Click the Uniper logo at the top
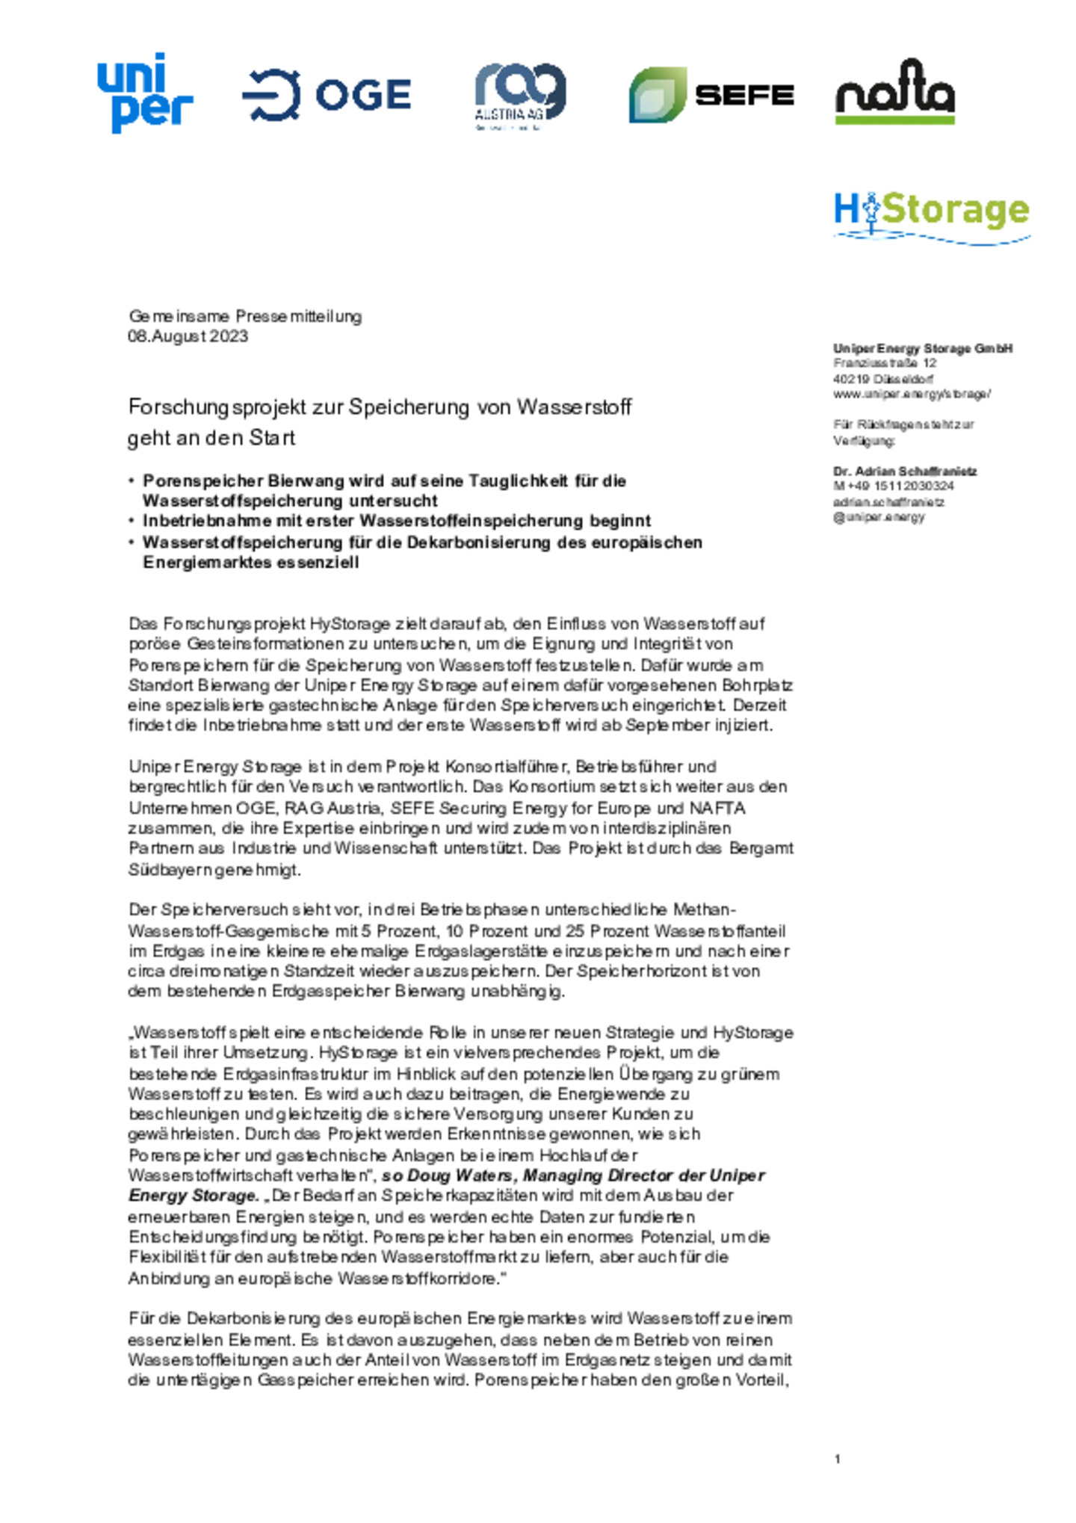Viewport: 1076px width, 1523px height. pos(144,93)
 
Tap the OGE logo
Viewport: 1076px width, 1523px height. pos(327,95)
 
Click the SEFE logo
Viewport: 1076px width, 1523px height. pos(711,95)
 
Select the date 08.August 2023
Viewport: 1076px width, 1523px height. pos(188,336)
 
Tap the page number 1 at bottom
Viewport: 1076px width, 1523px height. pos(838,1459)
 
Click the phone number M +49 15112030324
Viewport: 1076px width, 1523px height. pos(894,486)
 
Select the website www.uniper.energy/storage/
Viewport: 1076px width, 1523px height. pos(912,394)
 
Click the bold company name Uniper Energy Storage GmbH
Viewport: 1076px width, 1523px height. pos(923,348)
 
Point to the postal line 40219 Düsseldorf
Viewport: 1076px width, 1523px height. pos(883,379)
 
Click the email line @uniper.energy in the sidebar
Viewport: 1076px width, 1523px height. pos(879,517)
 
